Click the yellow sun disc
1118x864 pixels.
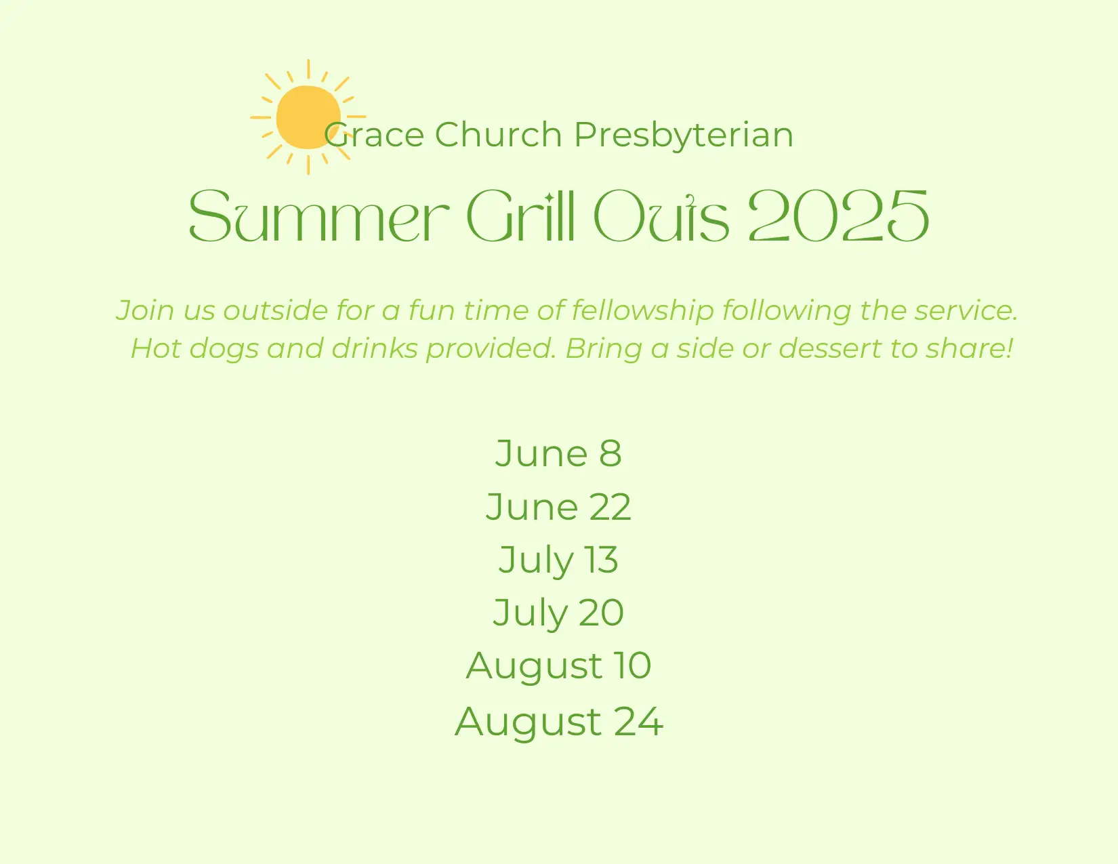tap(308, 117)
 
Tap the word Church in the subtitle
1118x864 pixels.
tap(498, 135)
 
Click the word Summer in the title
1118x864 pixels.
tap(319, 215)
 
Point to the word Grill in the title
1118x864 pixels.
tap(520, 215)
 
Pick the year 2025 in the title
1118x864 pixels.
tap(839, 215)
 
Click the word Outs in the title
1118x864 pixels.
tap(661, 215)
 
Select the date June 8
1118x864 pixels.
tap(559, 453)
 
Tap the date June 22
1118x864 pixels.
tap(559, 507)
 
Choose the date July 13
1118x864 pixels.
tap(559, 561)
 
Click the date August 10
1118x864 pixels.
tap(559, 667)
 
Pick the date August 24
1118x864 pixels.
tap(559, 722)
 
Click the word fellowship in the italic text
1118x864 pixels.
tap(642, 311)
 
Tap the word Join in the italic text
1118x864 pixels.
tap(145, 311)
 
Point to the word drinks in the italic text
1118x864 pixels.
tap(375, 348)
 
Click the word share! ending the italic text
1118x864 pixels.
tap(970, 348)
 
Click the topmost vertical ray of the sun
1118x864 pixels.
tap(308, 69)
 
